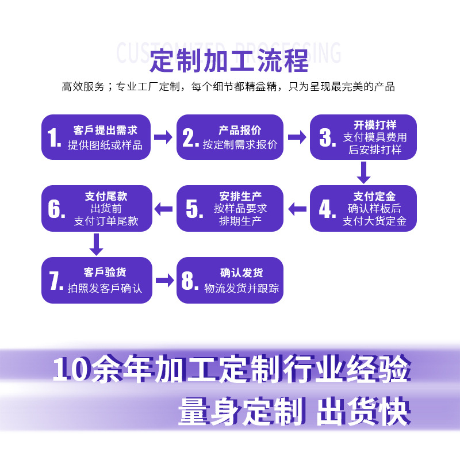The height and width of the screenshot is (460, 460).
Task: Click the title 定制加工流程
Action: coord(229,62)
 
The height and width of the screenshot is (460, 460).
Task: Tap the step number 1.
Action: coord(54,138)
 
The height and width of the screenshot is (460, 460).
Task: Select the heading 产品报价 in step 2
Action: coord(240,130)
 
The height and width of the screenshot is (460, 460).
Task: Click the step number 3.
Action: coord(327,138)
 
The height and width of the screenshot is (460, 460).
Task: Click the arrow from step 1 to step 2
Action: coord(163,137)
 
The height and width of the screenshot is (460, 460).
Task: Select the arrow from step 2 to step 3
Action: coord(297,137)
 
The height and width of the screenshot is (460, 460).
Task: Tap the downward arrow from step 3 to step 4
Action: coord(363,172)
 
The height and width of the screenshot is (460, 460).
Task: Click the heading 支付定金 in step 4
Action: coord(374,196)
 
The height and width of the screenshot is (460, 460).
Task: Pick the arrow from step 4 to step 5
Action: coord(297,209)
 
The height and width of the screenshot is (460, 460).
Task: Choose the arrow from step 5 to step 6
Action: coord(164,209)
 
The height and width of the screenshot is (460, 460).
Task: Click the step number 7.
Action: coord(55,281)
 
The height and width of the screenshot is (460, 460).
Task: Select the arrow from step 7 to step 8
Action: coord(164,281)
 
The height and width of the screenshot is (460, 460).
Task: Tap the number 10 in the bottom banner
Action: coord(71,370)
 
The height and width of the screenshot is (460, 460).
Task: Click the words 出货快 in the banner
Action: coord(363,409)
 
